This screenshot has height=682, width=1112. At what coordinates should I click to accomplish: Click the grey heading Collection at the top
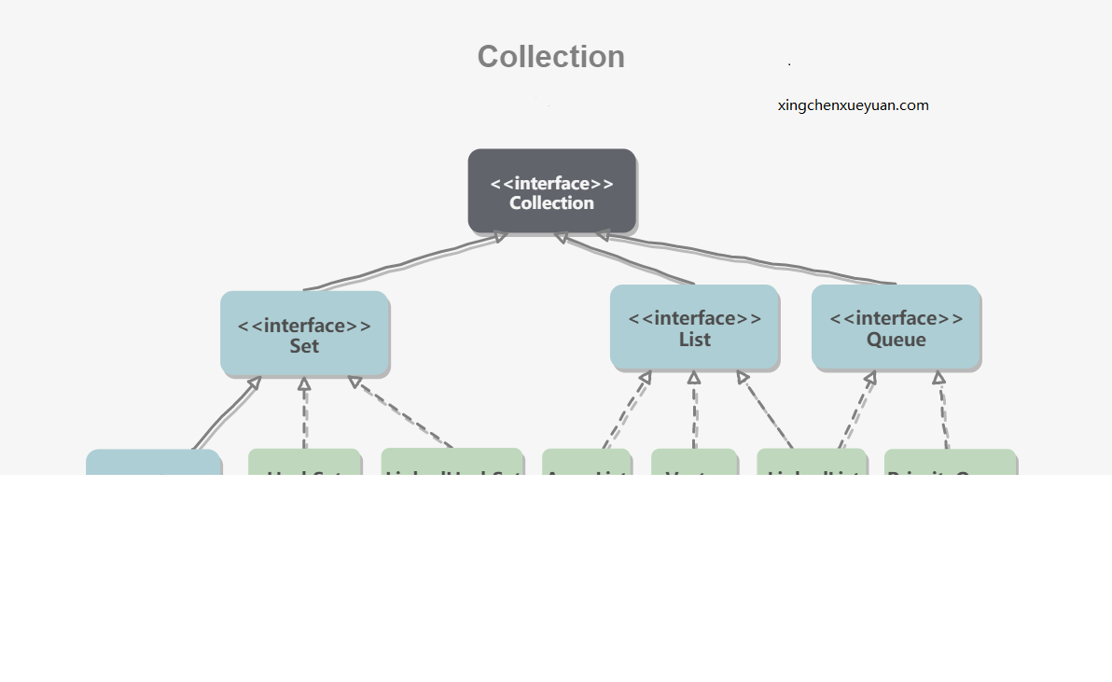pos(550,57)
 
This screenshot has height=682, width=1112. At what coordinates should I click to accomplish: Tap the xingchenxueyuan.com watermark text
pos(853,105)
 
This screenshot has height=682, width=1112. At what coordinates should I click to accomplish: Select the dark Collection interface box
pos(551,191)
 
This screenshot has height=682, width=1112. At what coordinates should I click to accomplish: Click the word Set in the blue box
pos(304,347)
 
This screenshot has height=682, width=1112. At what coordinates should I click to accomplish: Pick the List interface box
pos(694,327)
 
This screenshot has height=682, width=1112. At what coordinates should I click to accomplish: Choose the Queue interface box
pos(896,327)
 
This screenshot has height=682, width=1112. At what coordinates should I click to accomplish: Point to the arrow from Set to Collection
pos(401,263)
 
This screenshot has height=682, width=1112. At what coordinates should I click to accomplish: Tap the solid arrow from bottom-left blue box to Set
pos(226,413)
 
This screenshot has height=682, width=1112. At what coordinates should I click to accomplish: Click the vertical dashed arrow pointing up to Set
pos(304,413)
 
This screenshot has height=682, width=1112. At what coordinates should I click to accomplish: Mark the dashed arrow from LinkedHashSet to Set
pos(401,412)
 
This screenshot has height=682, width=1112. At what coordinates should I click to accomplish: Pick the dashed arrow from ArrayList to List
pos(626,411)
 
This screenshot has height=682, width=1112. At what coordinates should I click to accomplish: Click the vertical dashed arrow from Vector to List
pos(694,411)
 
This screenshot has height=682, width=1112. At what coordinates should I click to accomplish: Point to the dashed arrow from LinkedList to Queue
pos(856,411)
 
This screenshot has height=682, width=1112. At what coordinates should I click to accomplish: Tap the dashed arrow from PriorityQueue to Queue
pos(942,411)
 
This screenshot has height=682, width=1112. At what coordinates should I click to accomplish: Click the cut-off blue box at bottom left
pos(153,463)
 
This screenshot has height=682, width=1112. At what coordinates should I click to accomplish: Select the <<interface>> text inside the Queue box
pos(896,318)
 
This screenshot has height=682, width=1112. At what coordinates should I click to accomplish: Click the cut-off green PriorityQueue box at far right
pos(950,463)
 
